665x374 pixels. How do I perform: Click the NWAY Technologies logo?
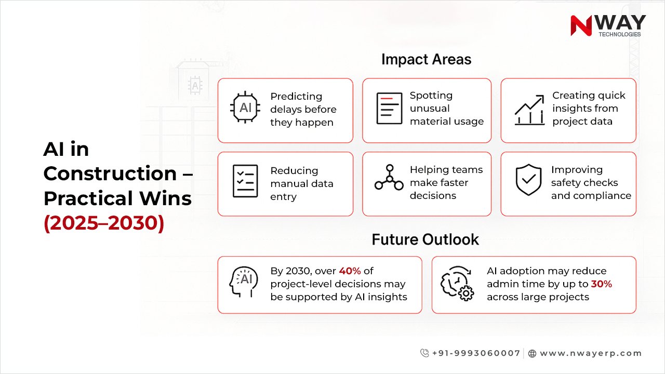pos(608,25)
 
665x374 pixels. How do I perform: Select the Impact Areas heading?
pos(426,59)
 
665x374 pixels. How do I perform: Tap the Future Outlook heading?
pos(425,239)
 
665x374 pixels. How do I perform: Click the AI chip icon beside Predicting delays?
pos(245,108)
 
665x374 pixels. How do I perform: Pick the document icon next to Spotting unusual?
pos(389,108)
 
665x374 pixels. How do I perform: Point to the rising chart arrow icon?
pos(529,110)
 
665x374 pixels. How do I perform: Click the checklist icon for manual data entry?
pos(245,181)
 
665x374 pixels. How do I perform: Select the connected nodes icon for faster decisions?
pos(389,178)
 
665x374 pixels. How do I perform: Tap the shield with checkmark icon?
pos(528,180)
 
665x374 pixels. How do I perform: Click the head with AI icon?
pos(244,284)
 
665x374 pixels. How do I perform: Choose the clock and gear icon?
pos(457,284)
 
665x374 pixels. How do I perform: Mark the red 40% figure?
pos(349,271)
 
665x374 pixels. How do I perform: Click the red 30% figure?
pos(602,284)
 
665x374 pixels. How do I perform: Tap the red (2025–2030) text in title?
pos(104,223)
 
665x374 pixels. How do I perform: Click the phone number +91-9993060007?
pos(476,353)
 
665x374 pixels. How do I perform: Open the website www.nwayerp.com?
pos(591,353)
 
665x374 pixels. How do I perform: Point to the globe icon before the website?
pos(532,353)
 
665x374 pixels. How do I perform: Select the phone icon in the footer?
pos(424,353)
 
